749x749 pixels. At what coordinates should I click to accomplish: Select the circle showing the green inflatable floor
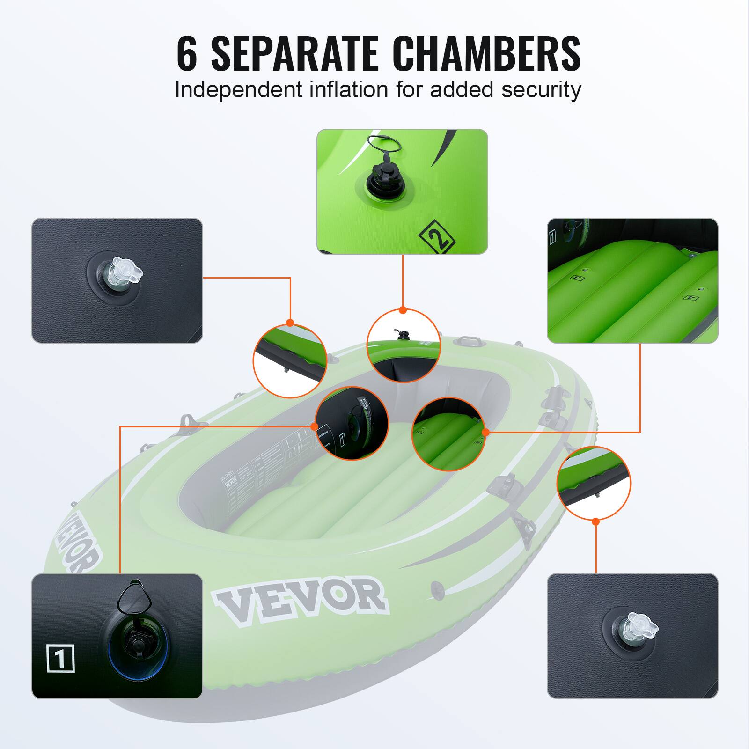pos(448,434)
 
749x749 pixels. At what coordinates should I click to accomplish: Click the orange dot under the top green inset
pos(403,310)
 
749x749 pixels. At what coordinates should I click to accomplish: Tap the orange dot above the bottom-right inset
pos(595,521)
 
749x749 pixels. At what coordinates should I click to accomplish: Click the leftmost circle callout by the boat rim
pos(290,360)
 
